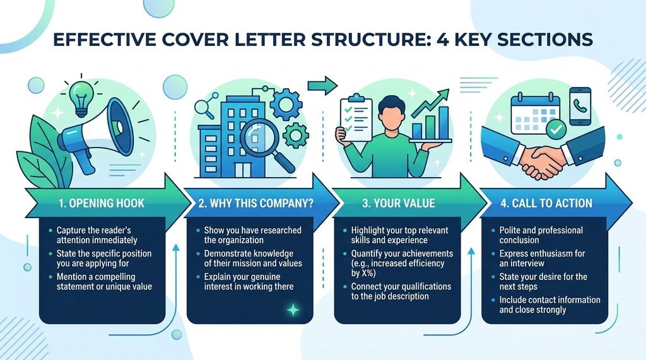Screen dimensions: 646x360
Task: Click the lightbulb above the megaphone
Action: [81, 98]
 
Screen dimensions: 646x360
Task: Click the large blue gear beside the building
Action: [286, 104]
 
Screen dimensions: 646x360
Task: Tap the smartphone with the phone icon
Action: [580, 106]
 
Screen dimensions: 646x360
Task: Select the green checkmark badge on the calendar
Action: [556, 129]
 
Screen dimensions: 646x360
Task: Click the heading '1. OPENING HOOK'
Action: [102, 203]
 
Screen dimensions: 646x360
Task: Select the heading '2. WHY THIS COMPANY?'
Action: [256, 203]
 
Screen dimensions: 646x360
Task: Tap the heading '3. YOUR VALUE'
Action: [399, 203]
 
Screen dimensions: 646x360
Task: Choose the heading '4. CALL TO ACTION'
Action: [546, 203]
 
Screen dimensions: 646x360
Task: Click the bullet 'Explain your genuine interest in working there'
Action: [249, 282]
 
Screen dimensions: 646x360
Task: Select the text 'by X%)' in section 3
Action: [363, 273]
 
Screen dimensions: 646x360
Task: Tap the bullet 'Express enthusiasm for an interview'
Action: [542, 258]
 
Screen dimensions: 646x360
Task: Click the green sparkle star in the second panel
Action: [293, 310]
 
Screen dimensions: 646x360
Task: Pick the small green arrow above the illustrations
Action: [322, 85]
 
